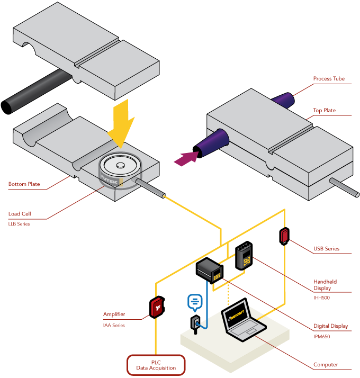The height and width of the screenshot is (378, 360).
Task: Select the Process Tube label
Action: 329,79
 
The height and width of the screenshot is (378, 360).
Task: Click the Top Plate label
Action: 324,111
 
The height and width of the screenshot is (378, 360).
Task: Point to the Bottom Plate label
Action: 24,185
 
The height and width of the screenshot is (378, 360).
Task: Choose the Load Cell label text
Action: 20,214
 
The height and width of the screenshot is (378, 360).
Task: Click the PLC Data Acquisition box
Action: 156,365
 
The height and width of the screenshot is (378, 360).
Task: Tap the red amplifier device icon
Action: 157,308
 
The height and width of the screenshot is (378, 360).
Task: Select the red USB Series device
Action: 284,236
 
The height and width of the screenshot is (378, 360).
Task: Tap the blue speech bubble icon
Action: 195,302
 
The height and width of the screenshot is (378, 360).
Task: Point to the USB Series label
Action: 326,248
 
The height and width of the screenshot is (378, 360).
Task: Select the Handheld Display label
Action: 325,285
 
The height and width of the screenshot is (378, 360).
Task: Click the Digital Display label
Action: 331,326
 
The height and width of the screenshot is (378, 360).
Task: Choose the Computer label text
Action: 326,365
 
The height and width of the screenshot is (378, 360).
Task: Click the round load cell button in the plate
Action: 121,166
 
